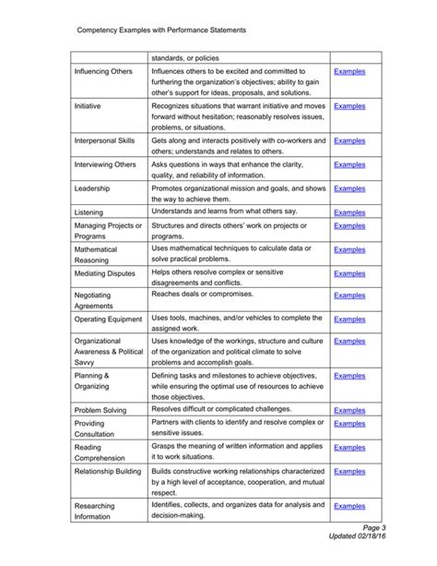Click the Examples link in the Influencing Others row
point(349,71)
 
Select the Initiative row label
point(88,107)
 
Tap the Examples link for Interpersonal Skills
point(349,140)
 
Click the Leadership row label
point(92,188)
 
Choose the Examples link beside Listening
point(349,212)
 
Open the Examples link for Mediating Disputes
point(349,273)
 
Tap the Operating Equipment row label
point(108,319)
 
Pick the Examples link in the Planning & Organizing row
point(349,376)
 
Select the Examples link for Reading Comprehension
point(349,447)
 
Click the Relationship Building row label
point(108,472)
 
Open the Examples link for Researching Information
point(349,506)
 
